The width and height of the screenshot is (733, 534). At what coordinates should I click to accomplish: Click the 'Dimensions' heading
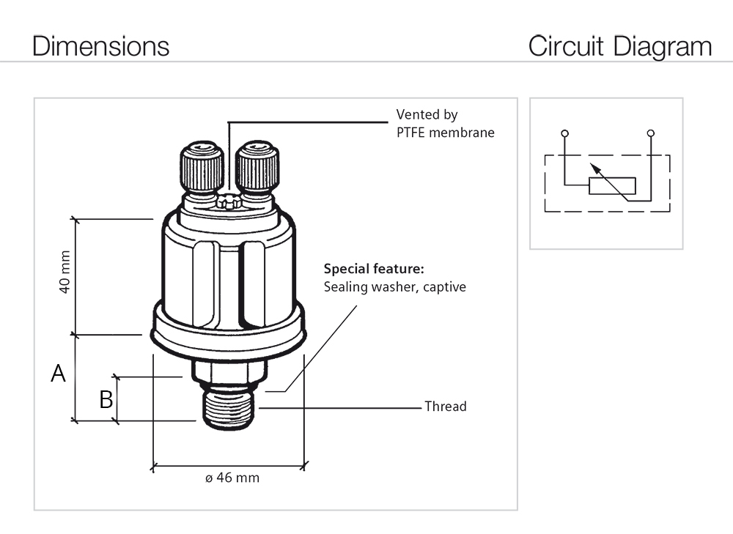pos(101,46)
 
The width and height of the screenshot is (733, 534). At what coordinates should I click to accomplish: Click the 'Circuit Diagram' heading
pos(619,46)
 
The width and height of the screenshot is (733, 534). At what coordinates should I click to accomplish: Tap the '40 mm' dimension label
pos(65,272)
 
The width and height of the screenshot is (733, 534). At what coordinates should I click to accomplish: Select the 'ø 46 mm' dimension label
pos(232,478)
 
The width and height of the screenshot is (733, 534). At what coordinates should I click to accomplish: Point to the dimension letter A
pos(58,374)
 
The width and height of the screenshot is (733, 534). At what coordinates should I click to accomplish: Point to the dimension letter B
pos(106,399)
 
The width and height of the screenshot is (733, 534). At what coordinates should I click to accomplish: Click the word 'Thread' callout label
pos(445,406)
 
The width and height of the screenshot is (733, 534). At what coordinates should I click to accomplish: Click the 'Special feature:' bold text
pos(374,268)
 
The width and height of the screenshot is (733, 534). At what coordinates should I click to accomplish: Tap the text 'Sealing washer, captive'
pos(394,286)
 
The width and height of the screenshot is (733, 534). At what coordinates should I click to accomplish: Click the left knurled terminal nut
pos(202,169)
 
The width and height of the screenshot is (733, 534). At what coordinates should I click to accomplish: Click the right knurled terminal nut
pos(257,169)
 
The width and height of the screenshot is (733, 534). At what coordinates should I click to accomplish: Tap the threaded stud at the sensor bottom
pos(228,410)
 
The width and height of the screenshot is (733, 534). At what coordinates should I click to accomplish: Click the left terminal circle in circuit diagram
pos(564,133)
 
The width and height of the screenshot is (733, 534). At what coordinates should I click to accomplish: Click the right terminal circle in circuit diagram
pos(651,133)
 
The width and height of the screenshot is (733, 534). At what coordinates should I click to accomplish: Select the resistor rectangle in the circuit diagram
pos(612,185)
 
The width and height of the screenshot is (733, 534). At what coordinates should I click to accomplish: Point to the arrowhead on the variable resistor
pos(597,168)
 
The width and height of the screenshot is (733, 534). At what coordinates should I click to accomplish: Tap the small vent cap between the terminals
pos(229,201)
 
